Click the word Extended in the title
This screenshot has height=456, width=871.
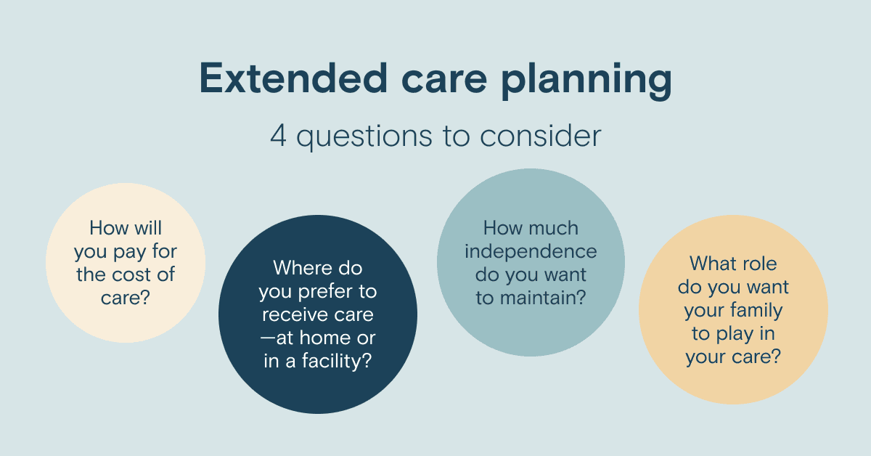(x=293, y=78)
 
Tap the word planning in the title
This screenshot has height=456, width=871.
(x=586, y=81)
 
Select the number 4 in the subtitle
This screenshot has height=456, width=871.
(x=279, y=136)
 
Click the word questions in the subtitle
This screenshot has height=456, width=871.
(x=364, y=137)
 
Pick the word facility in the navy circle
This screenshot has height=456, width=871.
(x=337, y=362)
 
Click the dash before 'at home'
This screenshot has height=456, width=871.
(x=268, y=338)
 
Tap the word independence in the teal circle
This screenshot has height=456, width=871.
(x=531, y=252)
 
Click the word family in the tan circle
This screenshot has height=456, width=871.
(x=756, y=311)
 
